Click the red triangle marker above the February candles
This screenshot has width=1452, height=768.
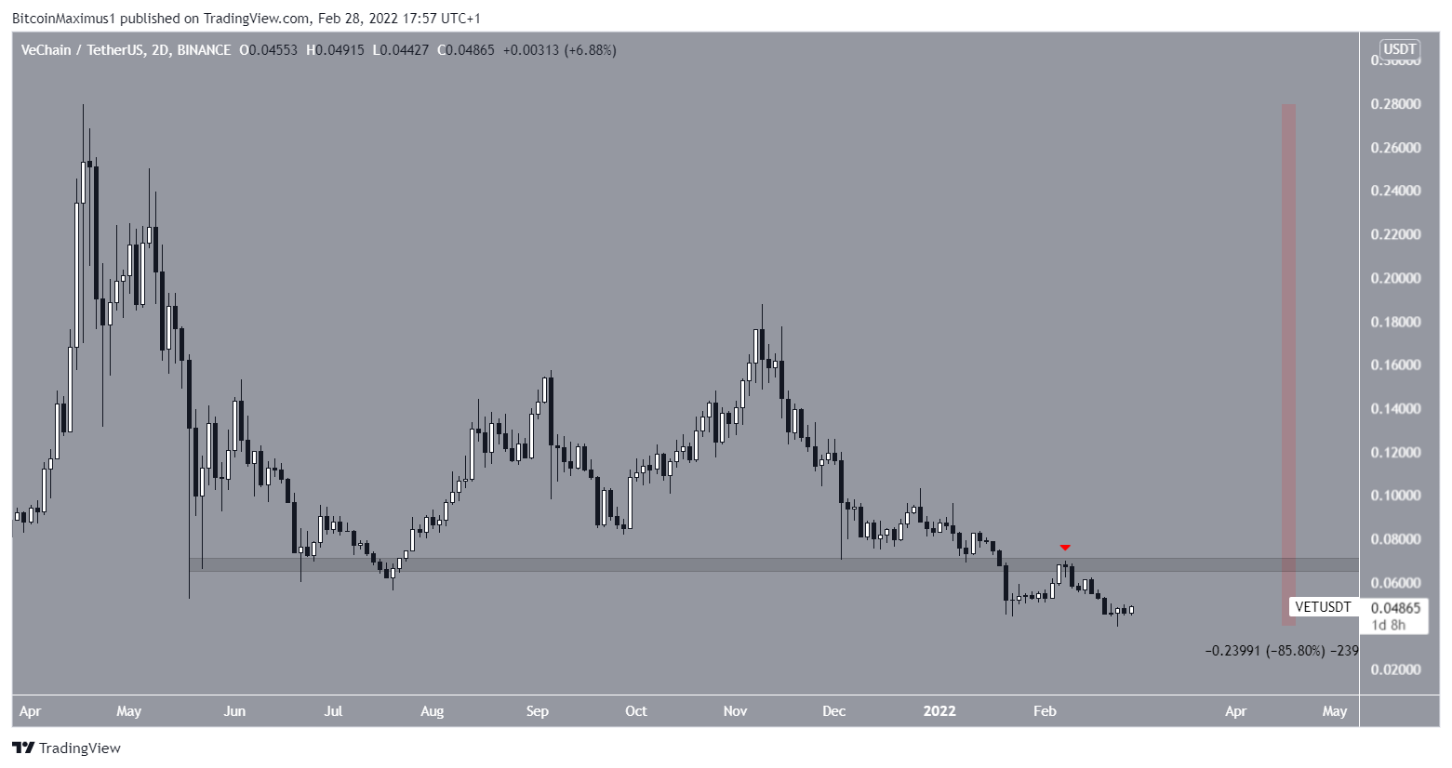tap(1065, 548)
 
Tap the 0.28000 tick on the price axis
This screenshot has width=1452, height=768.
tap(1395, 104)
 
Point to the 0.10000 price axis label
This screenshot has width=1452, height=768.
tap(1395, 496)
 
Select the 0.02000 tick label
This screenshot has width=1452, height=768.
tap(1395, 669)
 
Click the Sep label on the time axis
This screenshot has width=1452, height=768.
tap(537, 711)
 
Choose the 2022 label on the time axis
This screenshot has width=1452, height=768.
tap(939, 711)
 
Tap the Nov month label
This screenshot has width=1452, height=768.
tap(735, 711)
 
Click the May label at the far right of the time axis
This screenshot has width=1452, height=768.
tap(1334, 711)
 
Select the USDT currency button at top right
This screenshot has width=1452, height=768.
tap(1399, 49)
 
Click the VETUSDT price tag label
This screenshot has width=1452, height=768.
tap(1323, 607)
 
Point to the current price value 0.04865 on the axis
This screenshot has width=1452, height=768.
tap(1395, 608)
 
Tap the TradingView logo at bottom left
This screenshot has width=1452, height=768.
tap(66, 748)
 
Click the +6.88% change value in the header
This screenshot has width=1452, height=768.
tap(592, 50)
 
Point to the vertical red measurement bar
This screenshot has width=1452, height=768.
tap(1289, 363)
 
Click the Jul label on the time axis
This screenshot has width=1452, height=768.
tap(332, 711)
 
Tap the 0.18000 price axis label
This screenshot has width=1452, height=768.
tap(1395, 322)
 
